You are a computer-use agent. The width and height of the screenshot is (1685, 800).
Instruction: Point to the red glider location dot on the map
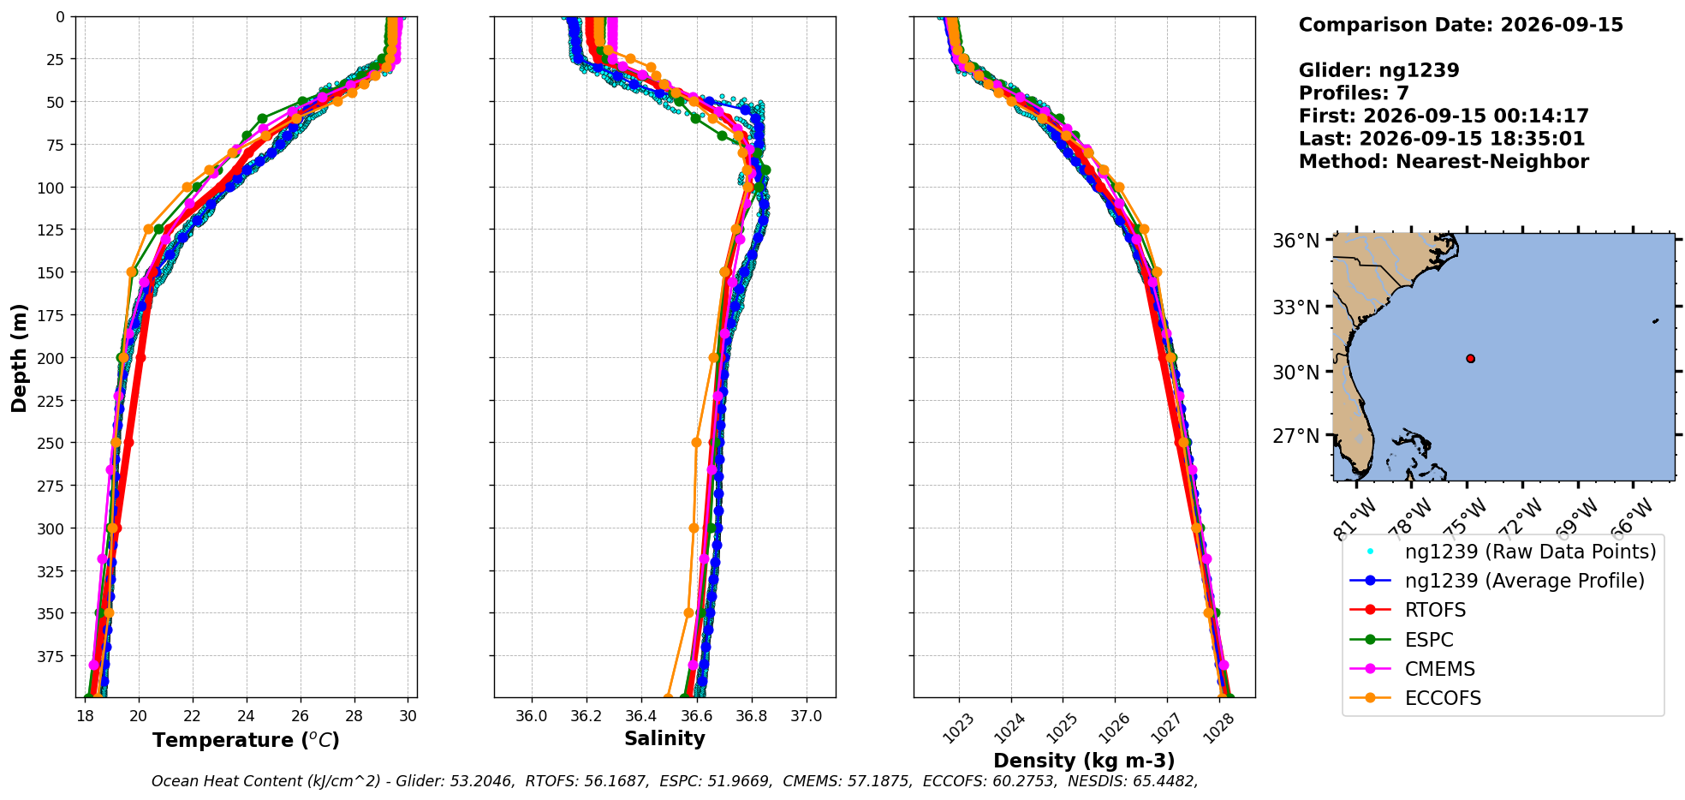1470,358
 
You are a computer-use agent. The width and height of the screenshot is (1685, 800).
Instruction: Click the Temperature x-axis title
246,739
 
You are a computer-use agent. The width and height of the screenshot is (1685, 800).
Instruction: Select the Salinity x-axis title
664,738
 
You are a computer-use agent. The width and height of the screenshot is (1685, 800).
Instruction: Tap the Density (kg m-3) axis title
1084,761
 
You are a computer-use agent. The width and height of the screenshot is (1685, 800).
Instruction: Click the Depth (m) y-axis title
19,357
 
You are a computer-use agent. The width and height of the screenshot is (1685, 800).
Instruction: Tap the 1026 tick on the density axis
1110,728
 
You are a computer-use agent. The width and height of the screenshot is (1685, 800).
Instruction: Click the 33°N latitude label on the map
1295,307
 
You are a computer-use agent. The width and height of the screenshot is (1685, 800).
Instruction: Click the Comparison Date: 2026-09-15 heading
1461,25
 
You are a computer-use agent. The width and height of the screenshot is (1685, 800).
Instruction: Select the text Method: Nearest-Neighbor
1444,161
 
